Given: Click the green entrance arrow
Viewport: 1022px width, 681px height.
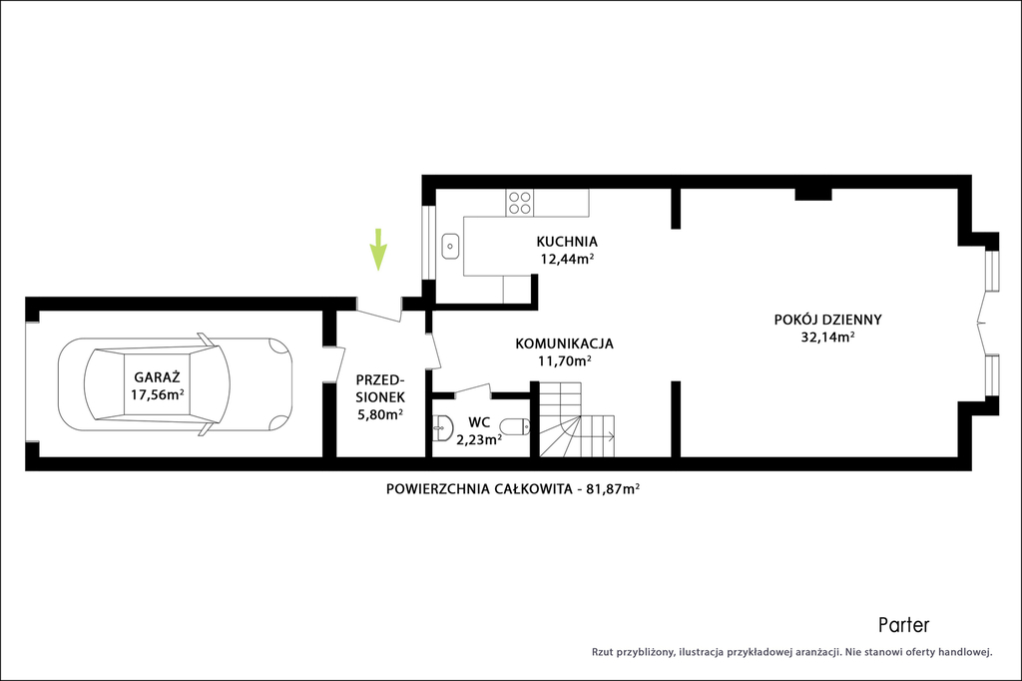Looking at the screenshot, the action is click(378, 250).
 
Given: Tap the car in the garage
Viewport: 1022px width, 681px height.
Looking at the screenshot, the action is click(176, 384).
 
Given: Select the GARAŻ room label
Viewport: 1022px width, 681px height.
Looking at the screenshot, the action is click(157, 377).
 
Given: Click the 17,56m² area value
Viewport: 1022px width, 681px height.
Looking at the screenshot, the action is click(157, 394).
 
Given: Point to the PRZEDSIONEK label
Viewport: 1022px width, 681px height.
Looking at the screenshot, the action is click(380, 388).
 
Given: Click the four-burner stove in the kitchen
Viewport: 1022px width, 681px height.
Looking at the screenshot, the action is click(520, 203).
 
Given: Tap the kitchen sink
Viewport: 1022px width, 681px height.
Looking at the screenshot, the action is click(450, 247).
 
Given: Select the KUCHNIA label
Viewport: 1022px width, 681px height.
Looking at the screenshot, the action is click(567, 242).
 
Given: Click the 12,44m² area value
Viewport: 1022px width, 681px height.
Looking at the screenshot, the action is click(567, 259).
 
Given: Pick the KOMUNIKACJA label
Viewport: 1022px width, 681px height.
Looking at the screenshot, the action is click(565, 343).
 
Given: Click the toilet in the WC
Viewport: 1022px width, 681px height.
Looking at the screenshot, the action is click(519, 426).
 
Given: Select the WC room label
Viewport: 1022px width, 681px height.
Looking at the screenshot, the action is click(479, 422).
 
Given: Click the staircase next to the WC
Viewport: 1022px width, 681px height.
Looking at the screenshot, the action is click(577, 419).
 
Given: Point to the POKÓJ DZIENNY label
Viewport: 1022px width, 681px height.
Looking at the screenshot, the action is click(827, 320).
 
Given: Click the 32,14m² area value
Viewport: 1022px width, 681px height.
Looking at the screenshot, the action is click(827, 337).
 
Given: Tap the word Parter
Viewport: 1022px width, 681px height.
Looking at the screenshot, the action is click(903, 625).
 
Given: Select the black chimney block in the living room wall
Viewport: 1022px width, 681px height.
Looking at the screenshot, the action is click(813, 194).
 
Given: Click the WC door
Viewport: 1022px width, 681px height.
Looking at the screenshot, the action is click(472, 390).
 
